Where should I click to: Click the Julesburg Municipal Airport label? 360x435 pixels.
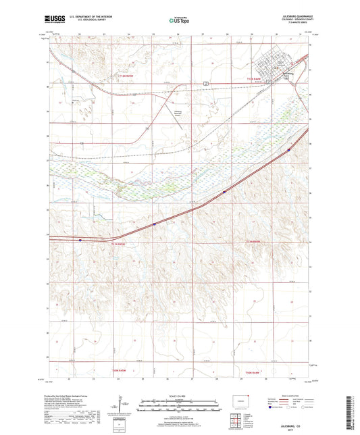[x=174, y=113]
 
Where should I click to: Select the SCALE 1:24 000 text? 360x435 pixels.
[x=179, y=394]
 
